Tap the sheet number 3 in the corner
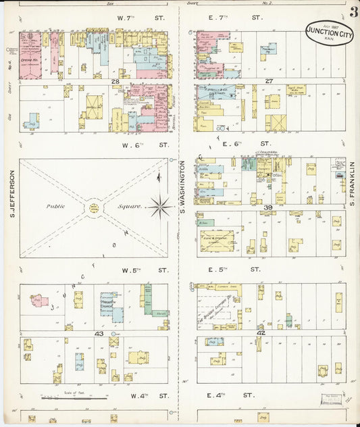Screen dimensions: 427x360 (354, 12)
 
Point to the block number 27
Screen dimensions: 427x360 (268, 81)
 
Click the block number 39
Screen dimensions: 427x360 (268, 207)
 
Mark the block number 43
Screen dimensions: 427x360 (99, 334)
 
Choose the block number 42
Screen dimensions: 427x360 (261, 333)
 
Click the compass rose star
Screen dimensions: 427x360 (161, 207)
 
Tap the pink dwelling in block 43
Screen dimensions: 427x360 (38, 301)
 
